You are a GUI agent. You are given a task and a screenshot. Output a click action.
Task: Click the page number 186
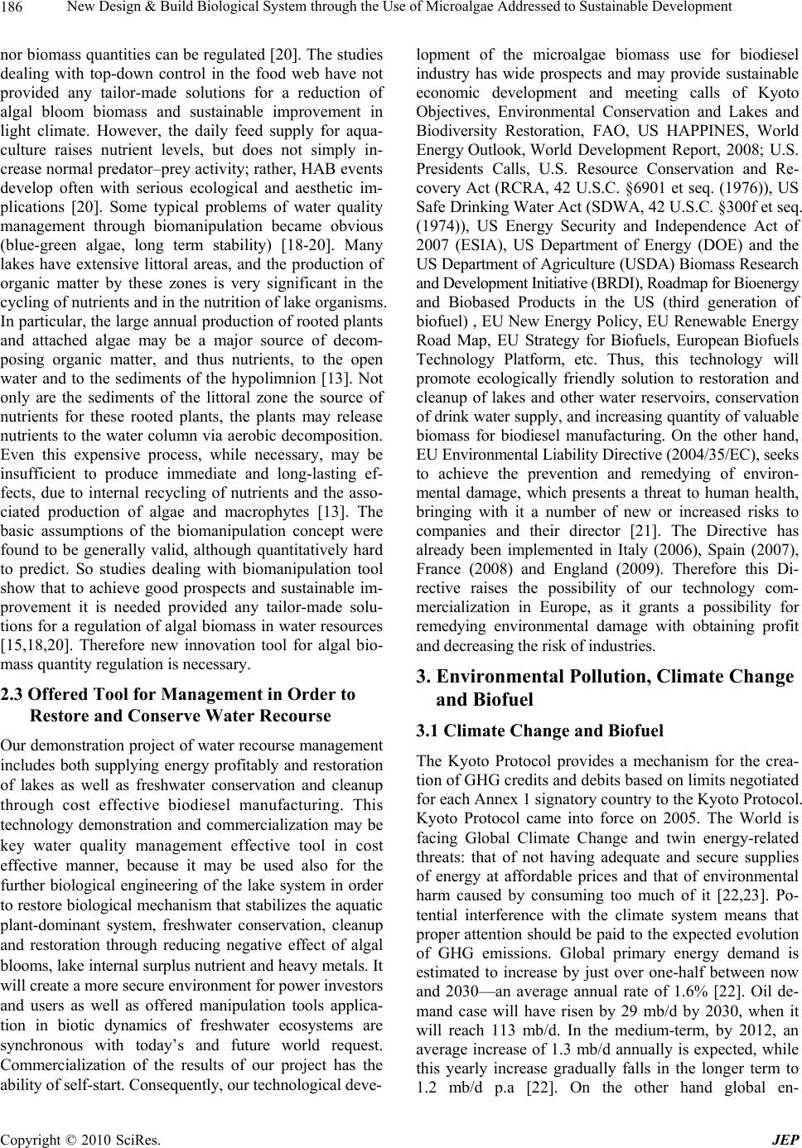click(14, 8)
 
